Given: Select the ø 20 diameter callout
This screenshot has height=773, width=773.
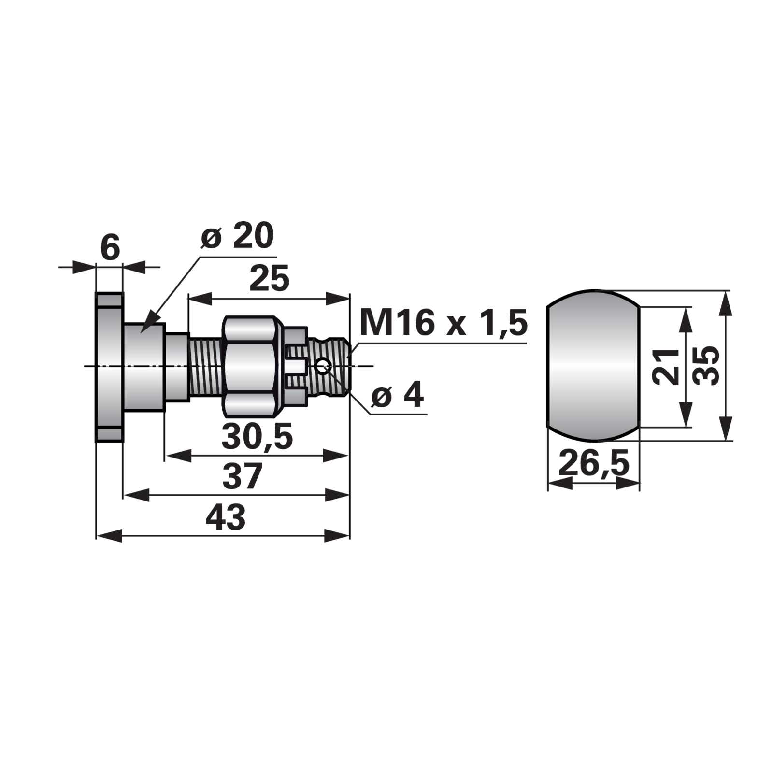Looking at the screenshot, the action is pos(237,236).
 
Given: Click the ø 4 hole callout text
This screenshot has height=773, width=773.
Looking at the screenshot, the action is pos(398,395).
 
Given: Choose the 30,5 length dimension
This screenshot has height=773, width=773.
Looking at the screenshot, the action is pos(257,436).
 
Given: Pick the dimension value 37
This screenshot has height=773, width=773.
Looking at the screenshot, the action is pos(242,476).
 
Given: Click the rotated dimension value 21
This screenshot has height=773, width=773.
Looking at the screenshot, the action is pos(665,366).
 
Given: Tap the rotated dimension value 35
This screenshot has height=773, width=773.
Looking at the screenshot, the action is pos(705,366).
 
